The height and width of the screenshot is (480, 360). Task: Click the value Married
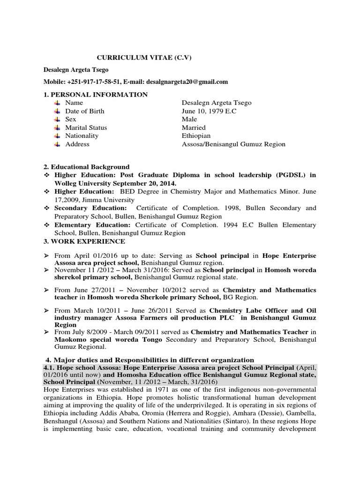coord(194,127)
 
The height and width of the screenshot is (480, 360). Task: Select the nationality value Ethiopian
coord(196,135)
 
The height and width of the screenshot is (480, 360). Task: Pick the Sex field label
coord(71,119)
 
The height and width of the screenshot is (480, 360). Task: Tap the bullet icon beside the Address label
coord(57,144)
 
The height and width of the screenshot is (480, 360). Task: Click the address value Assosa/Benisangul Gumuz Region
coord(233,144)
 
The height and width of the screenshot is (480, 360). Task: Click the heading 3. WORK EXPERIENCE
coord(84,241)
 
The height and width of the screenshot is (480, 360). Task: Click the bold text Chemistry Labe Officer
coord(249,310)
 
